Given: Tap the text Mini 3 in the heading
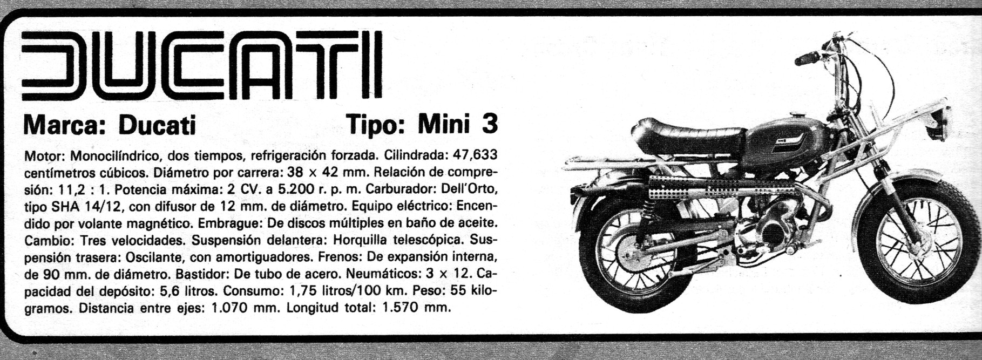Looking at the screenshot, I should pos(457,124).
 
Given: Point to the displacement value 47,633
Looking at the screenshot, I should pos(475,155).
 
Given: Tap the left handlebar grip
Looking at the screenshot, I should pos(808,58).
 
